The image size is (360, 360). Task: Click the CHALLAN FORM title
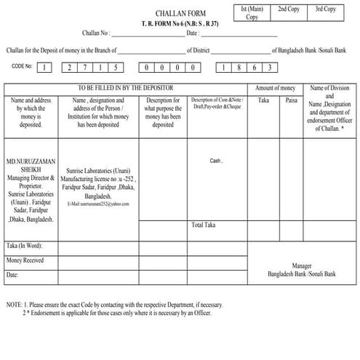pos(180,13)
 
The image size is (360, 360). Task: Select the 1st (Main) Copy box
pos(252,12)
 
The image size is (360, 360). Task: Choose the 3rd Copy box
pos(325,9)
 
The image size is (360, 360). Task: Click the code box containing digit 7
pos(82,68)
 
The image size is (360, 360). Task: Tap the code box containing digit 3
pos(270,68)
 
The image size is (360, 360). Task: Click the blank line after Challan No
pos(147,34)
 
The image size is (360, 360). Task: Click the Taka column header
pos(263,100)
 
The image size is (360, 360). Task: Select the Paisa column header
pos(291,100)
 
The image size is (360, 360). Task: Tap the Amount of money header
pos(275,87)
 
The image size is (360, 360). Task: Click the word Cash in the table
pos(215,161)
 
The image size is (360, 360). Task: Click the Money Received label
pos(25,260)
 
